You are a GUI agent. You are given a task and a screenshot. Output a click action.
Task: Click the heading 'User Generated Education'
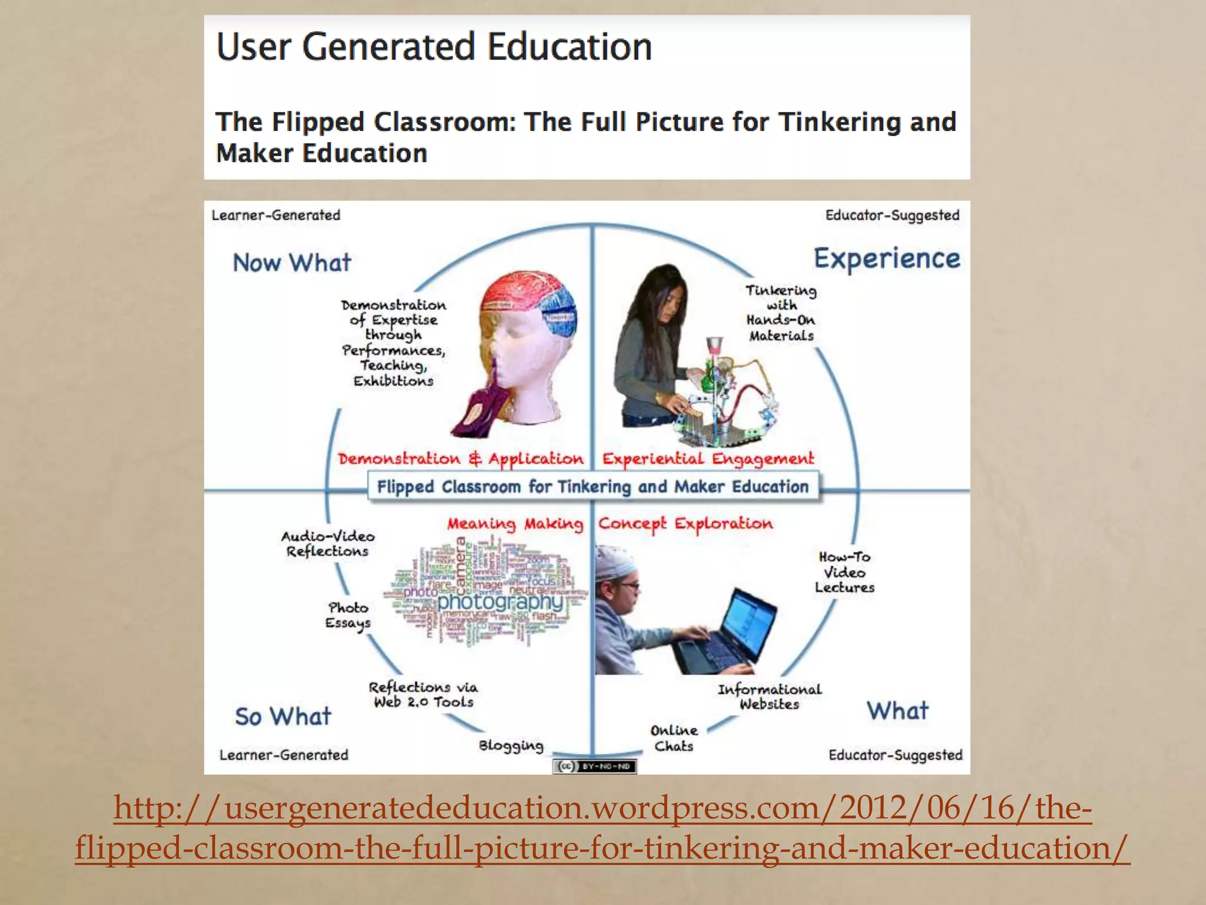[435, 47]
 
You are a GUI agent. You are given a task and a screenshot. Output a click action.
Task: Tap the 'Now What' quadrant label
[292, 263]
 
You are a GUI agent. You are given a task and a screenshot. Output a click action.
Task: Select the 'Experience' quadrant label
[887, 259]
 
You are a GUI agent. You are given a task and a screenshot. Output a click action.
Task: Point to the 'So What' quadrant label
[283, 716]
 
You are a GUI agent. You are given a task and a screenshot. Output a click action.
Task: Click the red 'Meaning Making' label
[515, 524]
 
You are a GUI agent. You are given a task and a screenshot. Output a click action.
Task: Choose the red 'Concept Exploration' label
[685, 524]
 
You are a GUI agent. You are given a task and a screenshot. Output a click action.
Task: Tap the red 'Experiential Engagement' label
[708, 459]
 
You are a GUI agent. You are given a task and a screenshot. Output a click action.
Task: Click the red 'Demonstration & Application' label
[460, 459]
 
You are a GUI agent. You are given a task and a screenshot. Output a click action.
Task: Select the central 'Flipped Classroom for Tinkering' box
[593, 487]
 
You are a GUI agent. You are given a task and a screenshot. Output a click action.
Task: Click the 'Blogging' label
[511, 746]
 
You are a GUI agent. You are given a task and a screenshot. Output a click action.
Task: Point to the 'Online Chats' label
[674, 738]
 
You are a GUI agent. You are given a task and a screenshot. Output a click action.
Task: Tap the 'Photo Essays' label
[349, 615]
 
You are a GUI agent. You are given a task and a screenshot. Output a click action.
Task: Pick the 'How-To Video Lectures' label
[844, 572]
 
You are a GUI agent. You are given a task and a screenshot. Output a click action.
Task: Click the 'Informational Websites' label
[770, 696]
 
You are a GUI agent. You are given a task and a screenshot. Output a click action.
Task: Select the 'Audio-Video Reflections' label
[328, 544]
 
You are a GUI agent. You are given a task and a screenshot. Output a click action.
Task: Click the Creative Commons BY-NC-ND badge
[594, 767]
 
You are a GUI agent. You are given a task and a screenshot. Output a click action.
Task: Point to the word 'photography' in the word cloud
[501, 602]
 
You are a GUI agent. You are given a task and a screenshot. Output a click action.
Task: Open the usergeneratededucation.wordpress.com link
[602, 828]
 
